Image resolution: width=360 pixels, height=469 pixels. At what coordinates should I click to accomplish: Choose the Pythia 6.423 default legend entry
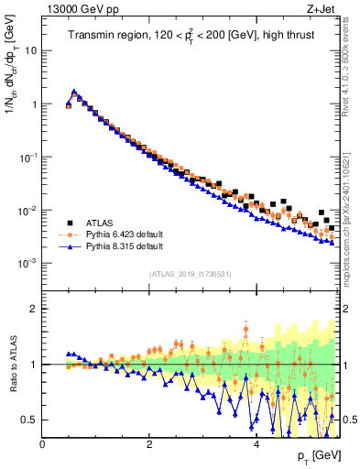131,234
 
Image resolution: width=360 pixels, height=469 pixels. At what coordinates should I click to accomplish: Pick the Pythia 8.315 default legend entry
131,246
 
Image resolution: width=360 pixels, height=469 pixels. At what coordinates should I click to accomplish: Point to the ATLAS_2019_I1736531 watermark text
190,274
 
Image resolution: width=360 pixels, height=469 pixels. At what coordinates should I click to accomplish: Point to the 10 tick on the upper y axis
32,50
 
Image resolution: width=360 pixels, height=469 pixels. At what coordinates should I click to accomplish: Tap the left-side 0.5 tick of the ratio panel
30,420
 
